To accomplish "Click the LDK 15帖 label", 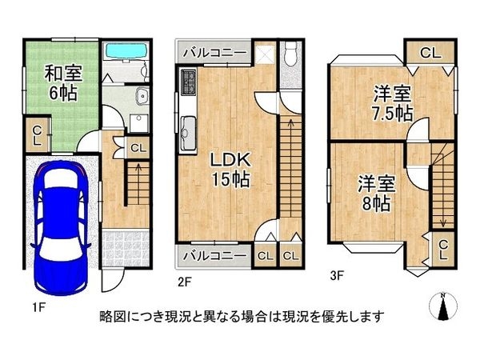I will (229, 169).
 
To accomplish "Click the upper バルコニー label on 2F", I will (213, 54).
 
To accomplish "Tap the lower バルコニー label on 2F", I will (212, 256).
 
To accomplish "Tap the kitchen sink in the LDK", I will (189, 127).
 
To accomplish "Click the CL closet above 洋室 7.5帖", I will (429, 53).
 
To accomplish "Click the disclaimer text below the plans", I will (241, 315).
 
